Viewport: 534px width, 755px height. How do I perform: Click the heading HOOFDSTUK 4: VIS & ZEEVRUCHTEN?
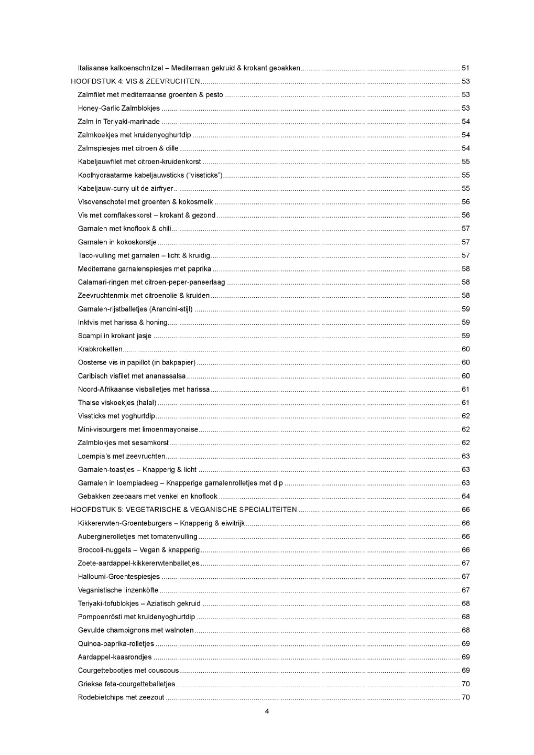135,81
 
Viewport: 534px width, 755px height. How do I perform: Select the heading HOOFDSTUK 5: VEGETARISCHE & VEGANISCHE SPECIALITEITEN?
184,510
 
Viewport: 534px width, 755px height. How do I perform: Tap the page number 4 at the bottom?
267,711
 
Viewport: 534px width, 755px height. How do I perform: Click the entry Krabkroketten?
100,349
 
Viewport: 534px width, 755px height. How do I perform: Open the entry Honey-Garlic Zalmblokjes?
119,108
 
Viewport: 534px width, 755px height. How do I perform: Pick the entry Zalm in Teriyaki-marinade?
119,122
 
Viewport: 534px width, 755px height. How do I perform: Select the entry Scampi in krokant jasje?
115,336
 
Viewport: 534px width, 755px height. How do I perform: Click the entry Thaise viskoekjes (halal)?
117,403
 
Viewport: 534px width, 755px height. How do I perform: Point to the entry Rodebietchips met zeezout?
121,697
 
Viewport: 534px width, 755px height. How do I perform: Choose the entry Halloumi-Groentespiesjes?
119,577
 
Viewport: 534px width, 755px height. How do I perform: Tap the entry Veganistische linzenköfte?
118,590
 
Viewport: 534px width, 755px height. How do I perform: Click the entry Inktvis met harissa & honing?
123,322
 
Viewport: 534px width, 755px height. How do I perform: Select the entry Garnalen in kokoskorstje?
117,242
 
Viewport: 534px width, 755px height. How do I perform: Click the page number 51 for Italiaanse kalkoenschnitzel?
465,68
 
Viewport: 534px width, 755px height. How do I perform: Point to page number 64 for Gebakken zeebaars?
465,497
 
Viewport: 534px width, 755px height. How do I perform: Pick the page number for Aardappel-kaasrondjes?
465,657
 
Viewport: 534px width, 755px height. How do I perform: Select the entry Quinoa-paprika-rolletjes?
116,644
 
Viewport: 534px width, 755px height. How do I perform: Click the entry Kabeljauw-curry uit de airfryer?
125,189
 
